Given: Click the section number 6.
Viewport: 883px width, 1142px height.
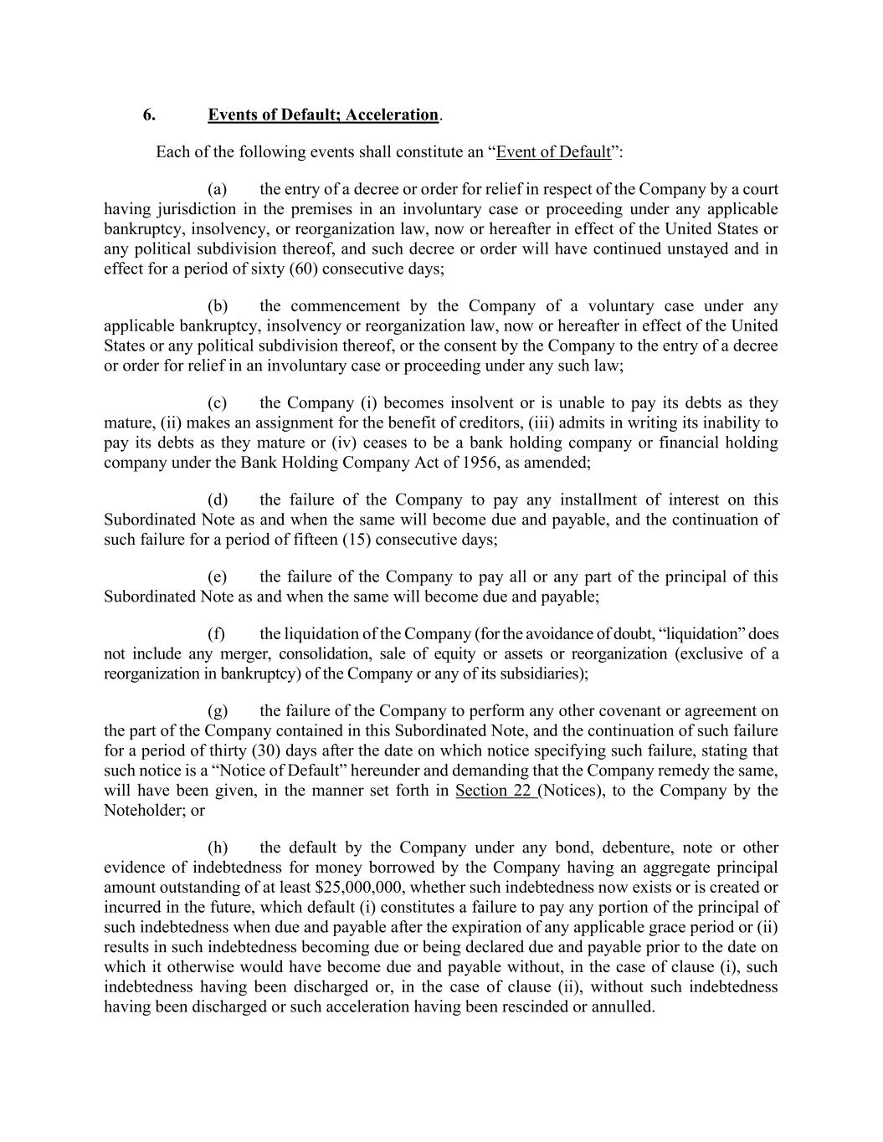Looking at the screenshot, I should pos(148,115).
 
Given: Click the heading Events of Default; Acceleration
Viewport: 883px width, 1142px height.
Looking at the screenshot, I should pos(323,115).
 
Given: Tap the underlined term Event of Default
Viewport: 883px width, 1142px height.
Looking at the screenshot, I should pos(553,152).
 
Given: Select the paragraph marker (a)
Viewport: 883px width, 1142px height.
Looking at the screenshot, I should pos(218,189).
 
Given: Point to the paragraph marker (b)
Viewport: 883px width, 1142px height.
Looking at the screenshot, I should pos(218,306).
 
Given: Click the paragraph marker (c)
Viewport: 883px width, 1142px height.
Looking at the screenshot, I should pos(218,403).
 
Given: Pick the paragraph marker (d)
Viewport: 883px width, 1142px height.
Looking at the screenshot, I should pos(218,500).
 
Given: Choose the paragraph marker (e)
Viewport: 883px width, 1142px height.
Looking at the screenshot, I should pos(218,577).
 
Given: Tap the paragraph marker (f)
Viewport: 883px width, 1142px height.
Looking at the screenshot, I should pos(217,634).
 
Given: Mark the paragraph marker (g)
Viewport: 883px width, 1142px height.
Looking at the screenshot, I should pos(218,711).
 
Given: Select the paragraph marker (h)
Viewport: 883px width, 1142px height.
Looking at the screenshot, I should pos(218,848).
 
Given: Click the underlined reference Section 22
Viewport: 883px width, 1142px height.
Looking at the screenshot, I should pos(494,791).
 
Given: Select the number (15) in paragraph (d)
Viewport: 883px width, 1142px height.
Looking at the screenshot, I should pos(357,540).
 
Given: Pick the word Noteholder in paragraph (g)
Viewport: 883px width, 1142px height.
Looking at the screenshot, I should pos(139,811).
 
